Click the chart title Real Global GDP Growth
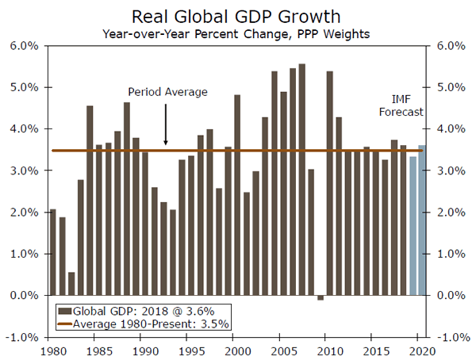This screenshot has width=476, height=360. (x=237, y=16)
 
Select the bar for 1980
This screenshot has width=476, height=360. (x=53, y=252)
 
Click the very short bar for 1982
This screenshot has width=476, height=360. (x=71, y=284)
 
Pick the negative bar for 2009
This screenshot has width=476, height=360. (x=321, y=297)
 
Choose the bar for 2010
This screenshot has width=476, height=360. (x=329, y=183)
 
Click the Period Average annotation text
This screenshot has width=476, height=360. (x=168, y=92)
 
